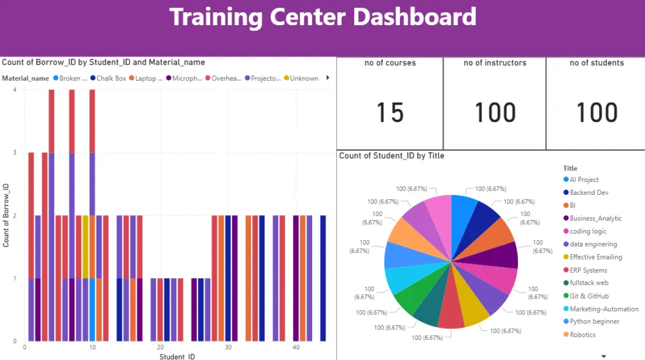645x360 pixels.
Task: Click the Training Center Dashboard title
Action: pyautogui.click(x=322, y=17)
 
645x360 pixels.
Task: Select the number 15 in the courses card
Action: pyautogui.click(x=390, y=113)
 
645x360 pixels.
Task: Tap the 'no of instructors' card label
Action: pyautogui.click(x=495, y=63)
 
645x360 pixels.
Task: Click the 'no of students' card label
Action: pyautogui.click(x=597, y=63)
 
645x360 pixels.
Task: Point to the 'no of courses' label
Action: pyautogui.click(x=390, y=63)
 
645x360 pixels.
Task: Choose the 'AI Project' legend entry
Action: pyautogui.click(x=584, y=180)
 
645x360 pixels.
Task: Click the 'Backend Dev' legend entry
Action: pyautogui.click(x=588, y=193)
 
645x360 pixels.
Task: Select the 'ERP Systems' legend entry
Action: pyautogui.click(x=588, y=270)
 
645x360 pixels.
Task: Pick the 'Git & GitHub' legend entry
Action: pyautogui.click(x=589, y=296)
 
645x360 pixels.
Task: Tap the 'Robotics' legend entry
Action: pyautogui.click(x=582, y=335)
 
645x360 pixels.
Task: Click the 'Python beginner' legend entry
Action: pyautogui.click(x=594, y=322)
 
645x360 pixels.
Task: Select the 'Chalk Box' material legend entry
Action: pyautogui.click(x=110, y=79)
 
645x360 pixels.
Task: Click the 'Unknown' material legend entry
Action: pyautogui.click(x=304, y=79)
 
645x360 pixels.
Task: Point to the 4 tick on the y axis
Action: pyautogui.click(x=14, y=90)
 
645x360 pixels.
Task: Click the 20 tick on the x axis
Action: pyautogui.click(x=159, y=348)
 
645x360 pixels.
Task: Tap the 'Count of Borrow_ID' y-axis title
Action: pyautogui.click(x=6, y=215)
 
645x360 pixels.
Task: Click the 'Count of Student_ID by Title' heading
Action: pyautogui.click(x=392, y=155)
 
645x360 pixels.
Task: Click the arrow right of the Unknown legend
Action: pyautogui.click(x=328, y=78)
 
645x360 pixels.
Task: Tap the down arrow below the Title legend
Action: pyautogui.click(x=604, y=355)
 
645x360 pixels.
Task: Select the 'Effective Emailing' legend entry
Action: pyautogui.click(x=595, y=257)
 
